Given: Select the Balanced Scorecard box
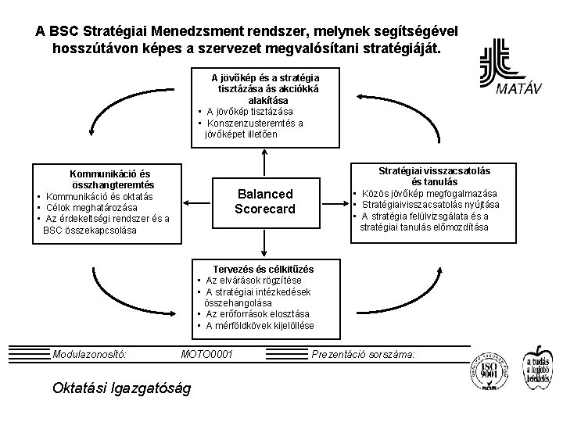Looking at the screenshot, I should click(265, 202).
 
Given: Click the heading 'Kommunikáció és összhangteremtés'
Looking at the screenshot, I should click(111, 178).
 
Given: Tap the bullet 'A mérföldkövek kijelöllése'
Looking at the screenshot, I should click(260, 325).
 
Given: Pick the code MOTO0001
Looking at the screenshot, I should click(206, 355).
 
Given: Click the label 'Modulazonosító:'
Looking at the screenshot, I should click(90, 355).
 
